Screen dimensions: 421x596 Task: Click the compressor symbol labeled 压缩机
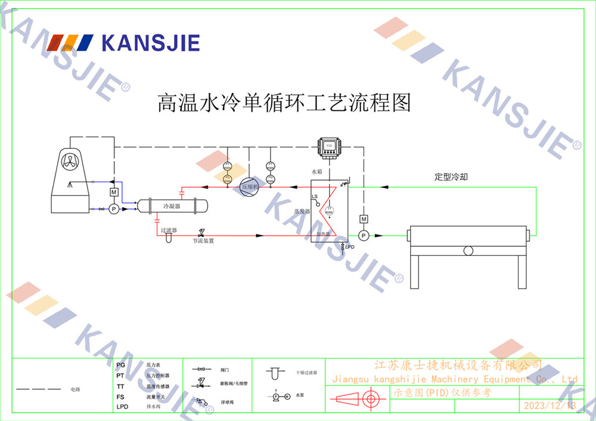[250, 187]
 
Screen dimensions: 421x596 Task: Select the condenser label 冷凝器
[172, 206]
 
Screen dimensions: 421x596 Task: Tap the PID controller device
[328, 146]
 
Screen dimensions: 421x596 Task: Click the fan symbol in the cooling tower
[70, 160]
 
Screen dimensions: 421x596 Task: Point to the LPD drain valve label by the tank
[350, 247]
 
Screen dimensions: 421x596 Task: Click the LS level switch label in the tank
[315, 197]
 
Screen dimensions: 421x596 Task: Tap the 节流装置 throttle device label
[203, 241]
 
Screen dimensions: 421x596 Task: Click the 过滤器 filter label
[169, 229]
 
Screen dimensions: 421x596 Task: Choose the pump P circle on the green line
[364, 236]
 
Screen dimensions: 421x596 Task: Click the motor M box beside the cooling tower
[113, 192]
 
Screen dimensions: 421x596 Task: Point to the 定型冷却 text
[451, 177]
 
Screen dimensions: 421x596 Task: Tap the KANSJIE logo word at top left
[151, 43]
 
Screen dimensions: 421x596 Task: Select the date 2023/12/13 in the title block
[549, 406]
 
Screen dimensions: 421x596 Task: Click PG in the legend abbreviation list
[120, 365]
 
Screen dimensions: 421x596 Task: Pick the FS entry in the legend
[120, 397]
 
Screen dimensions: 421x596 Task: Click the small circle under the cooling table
[468, 251]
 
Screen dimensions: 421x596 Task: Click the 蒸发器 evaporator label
[302, 212]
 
